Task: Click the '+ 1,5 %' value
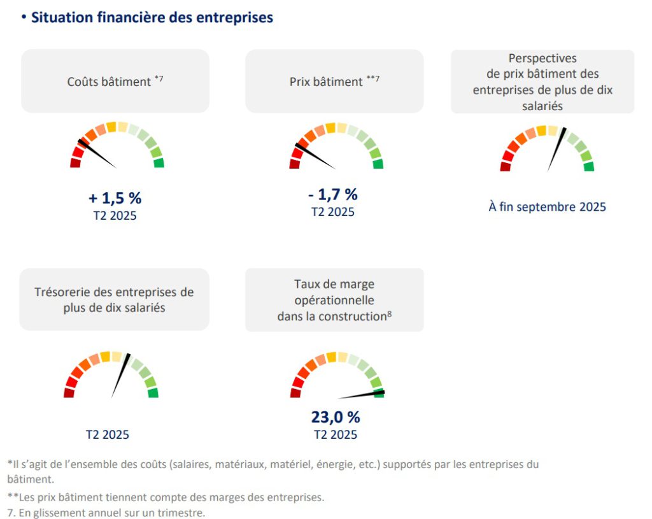(115, 198)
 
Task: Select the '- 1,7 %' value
(333, 194)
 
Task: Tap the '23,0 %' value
(336, 417)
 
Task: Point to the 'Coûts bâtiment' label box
(115, 82)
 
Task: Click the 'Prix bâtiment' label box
(334, 82)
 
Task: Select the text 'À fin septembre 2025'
(547, 207)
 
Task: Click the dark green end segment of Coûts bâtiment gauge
(159, 163)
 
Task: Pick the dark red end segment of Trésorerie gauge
(69, 394)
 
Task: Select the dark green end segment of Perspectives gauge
(589, 167)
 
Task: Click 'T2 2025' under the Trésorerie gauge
(108, 435)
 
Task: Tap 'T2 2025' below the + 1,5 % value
(115, 215)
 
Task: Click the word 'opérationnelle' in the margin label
(334, 300)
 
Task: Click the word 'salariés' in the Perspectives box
(542, 106)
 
